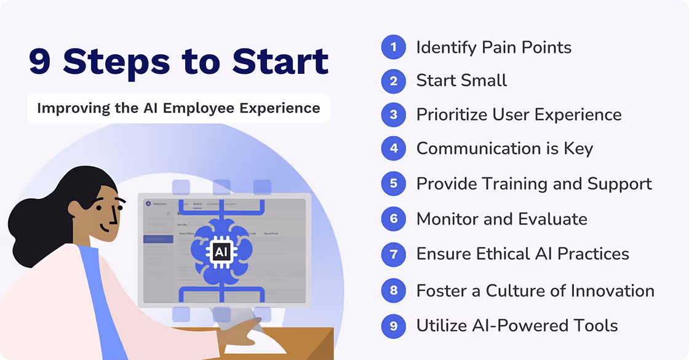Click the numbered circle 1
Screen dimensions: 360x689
point(393,47)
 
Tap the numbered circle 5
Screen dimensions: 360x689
point(393,183)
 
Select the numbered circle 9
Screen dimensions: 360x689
point(393,326)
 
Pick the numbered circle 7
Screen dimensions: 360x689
point(393,254)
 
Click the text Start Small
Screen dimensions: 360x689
point(461,81)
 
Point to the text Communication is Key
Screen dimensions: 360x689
point(504,148)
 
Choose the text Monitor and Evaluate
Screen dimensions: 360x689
point(501,219)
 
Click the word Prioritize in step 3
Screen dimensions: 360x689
point(455,114)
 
